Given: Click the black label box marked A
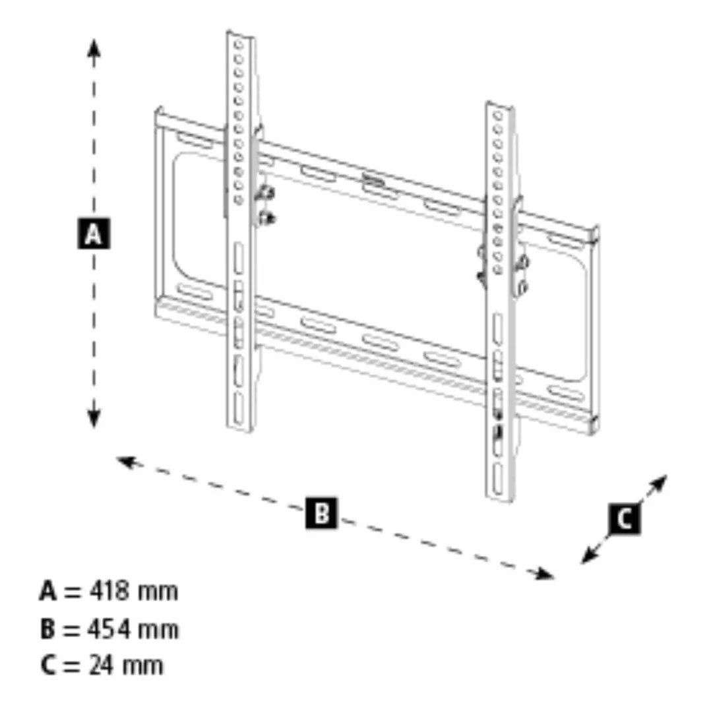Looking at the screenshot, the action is pyautogui.click(x=94, y=234).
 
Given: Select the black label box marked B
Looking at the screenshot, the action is pyautogui.click(x=321, y=513).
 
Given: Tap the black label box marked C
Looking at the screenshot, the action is pyautogui.click(x=625, y=518).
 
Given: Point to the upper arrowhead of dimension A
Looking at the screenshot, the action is pyautogui.click(x=94, y=47).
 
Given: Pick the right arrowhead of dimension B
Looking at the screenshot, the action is pyautogui.click(x=544, y=574).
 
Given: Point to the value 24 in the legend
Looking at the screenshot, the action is pyautogui.click(x=101, y=665).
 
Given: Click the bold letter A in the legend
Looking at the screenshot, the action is pyautogui.click(x=49, y=591).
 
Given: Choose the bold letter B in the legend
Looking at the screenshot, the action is pyautogui.click(x=47, y=629).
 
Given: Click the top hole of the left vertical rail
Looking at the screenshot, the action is pyautogui.click(x=239, y=45).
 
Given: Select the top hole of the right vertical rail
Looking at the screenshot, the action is pyautogui.click(x=499, y=115).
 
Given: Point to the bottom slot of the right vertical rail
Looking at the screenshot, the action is pyautogui.click(x=498, y=479).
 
